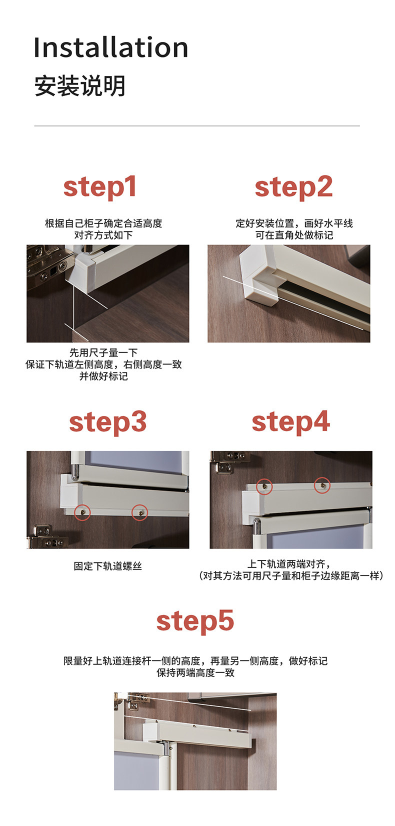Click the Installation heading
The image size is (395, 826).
(x=110, y=47)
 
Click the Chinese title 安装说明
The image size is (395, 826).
(x=79, y=86)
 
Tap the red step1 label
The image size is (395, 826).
(x=100, y=187)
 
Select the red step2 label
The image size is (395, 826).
(x=293, y=187)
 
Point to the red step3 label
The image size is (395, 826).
(x=107, y=422)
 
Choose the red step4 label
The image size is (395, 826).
(x=290, y=422)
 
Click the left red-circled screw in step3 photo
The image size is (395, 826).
(x=82, y=512)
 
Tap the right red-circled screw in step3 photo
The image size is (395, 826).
(x=140, y=512)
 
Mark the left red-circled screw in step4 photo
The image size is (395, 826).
(x=264, y=486)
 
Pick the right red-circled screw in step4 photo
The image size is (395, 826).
(x=322, y=485)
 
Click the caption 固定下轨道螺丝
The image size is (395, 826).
(x=107, y=566)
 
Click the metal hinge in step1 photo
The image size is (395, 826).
(x=48, y=263)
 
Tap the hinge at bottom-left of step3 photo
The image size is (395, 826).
(x=47, y=537)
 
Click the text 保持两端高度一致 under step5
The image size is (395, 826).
(x=195, y=672)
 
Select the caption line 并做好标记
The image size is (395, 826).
(x=103, y=376)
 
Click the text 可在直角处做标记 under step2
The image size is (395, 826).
(x=294, y=235)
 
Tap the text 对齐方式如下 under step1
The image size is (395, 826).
(x=103, y=235)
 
